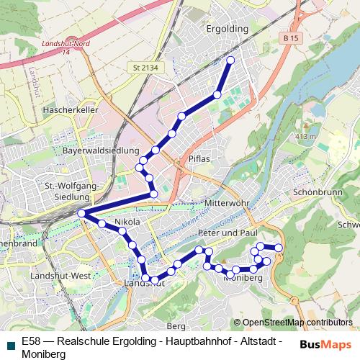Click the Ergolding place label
227,29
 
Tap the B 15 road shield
291,37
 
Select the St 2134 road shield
145,68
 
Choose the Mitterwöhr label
226,204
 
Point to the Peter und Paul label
228,233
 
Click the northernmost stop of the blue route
230,60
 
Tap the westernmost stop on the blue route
82,213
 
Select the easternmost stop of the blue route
279,248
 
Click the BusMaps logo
326,344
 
